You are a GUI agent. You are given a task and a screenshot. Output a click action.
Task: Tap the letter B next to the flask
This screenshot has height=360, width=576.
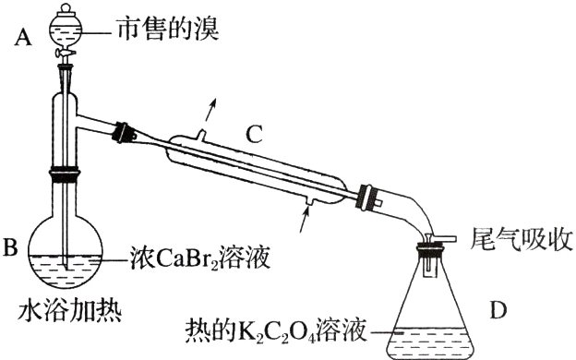[12, 246]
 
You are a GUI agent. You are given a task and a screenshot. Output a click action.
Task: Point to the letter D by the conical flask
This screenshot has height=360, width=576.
[498, 310]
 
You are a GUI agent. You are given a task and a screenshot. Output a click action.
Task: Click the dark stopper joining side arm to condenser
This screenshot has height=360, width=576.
[120, 132]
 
